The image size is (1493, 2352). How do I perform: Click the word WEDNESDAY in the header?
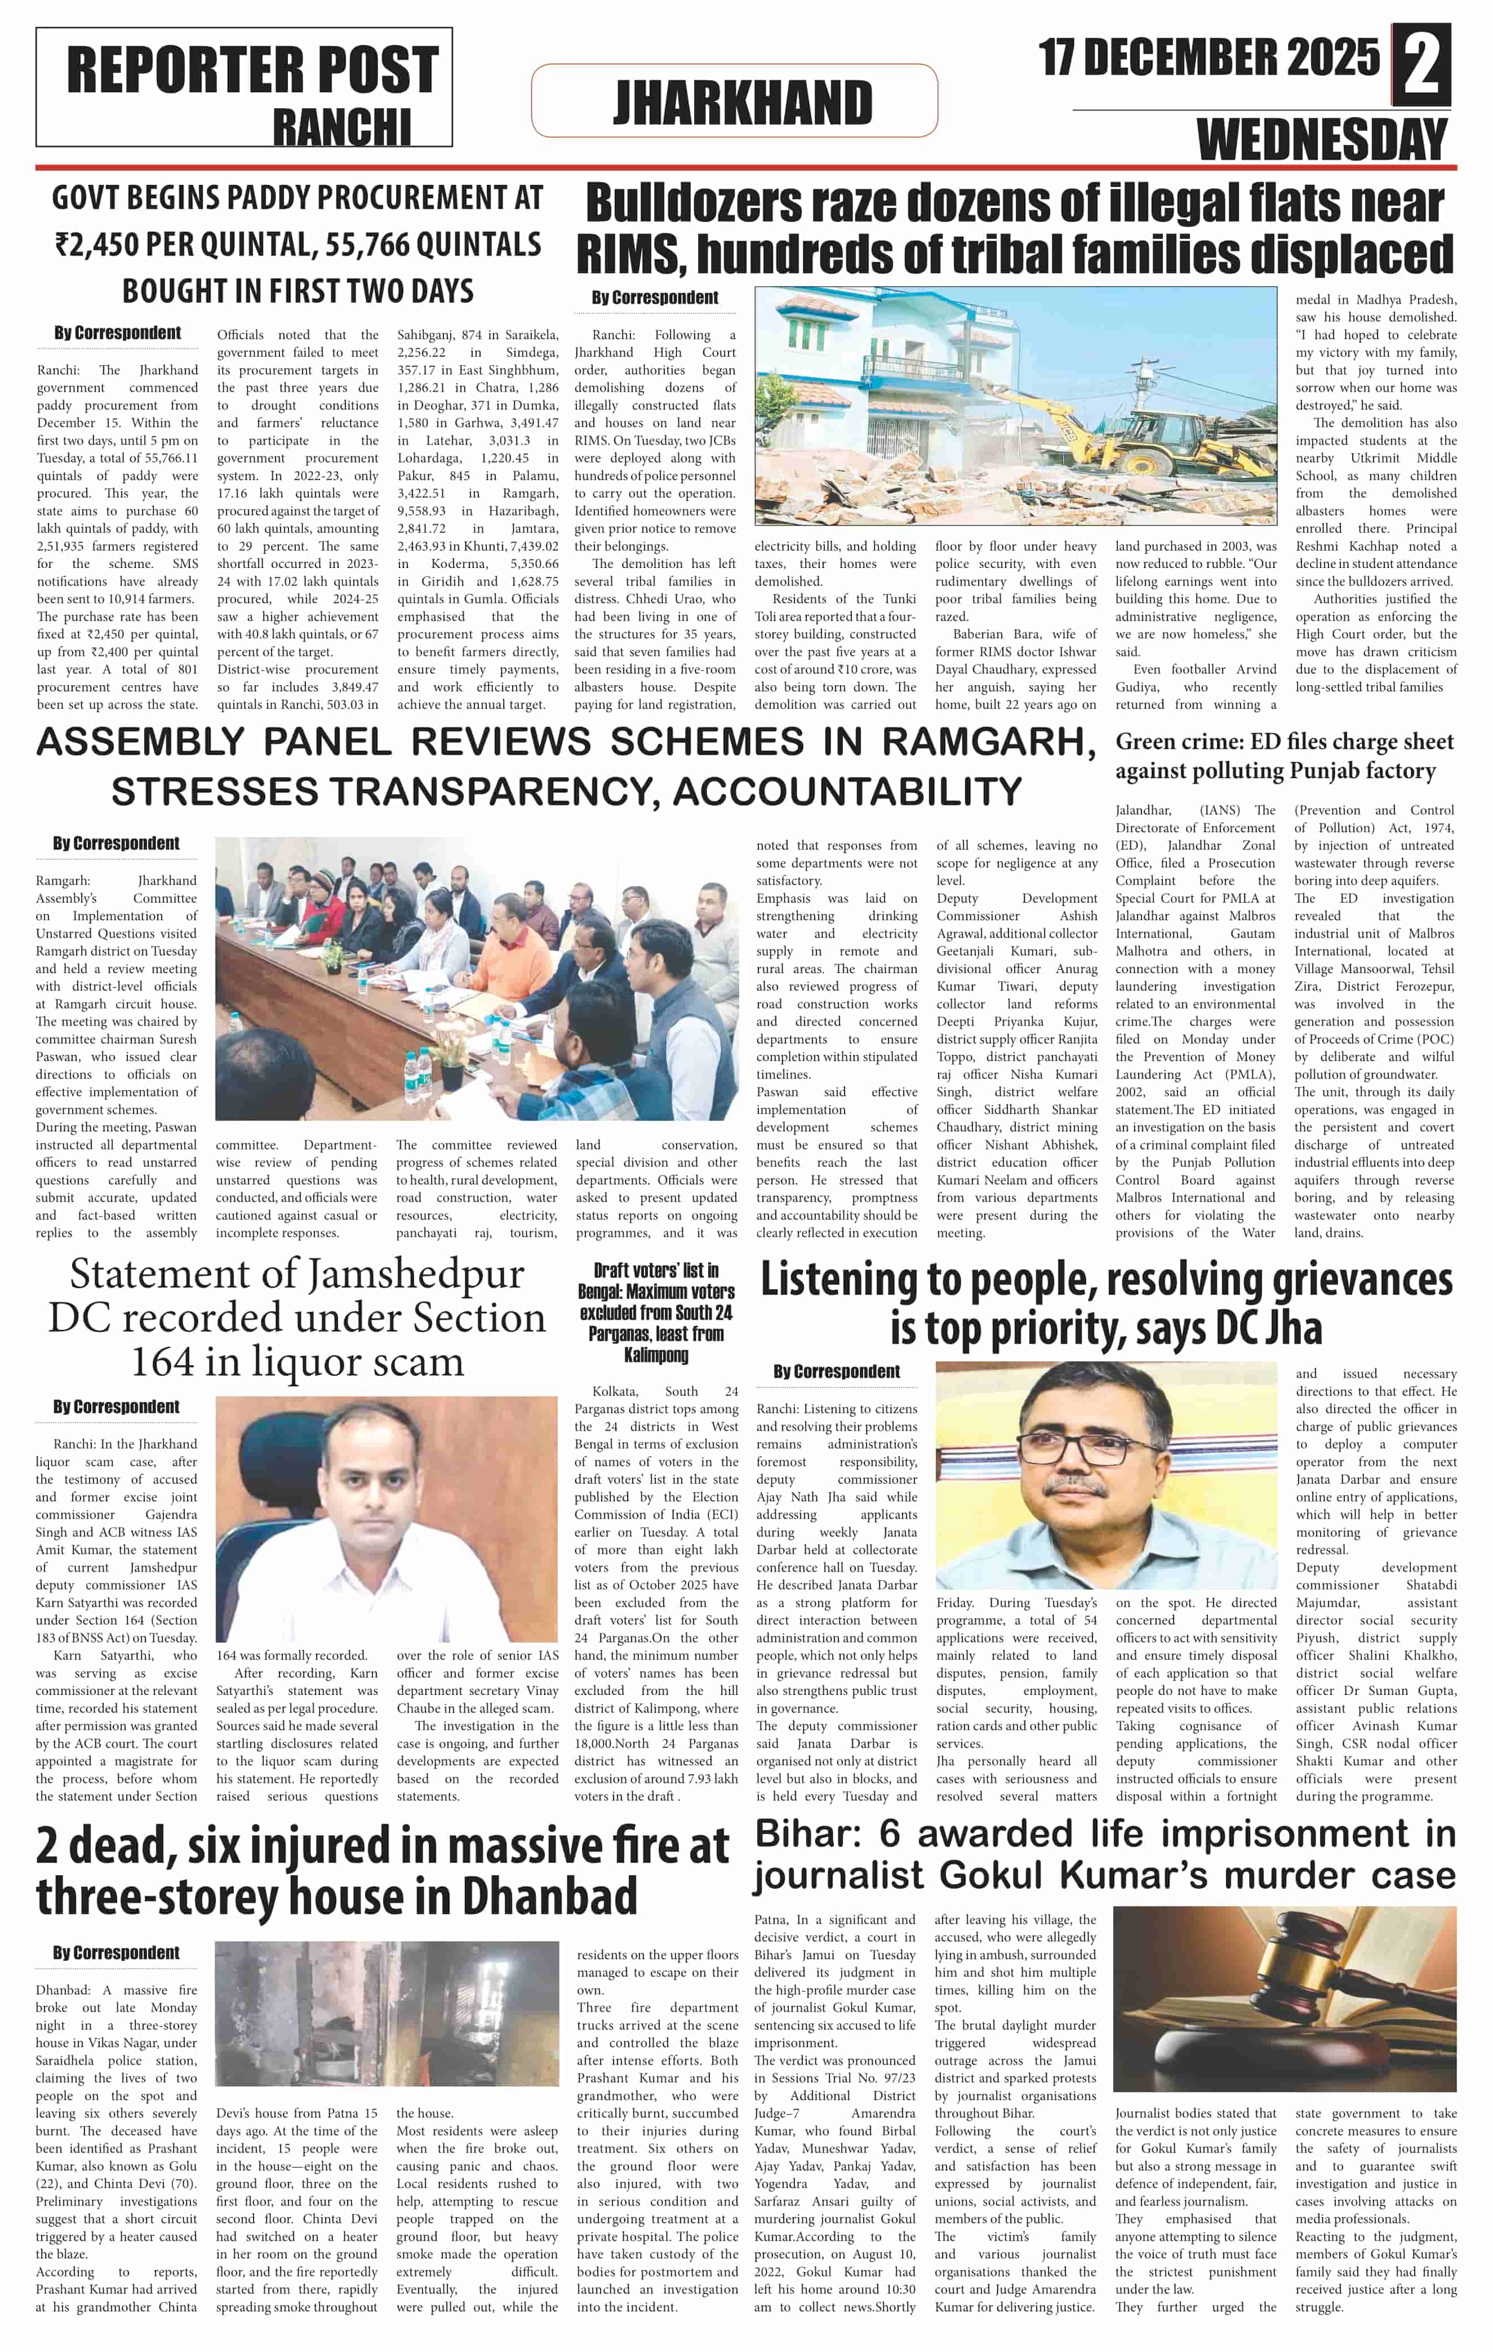click(x=1322, y=140)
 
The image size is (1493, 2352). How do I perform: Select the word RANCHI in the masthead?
click(x=342, y=127)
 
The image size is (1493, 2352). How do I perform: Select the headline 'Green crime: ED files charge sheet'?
click(x=1284, y=742)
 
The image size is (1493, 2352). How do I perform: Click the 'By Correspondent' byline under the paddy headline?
click(x=117, y=333)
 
